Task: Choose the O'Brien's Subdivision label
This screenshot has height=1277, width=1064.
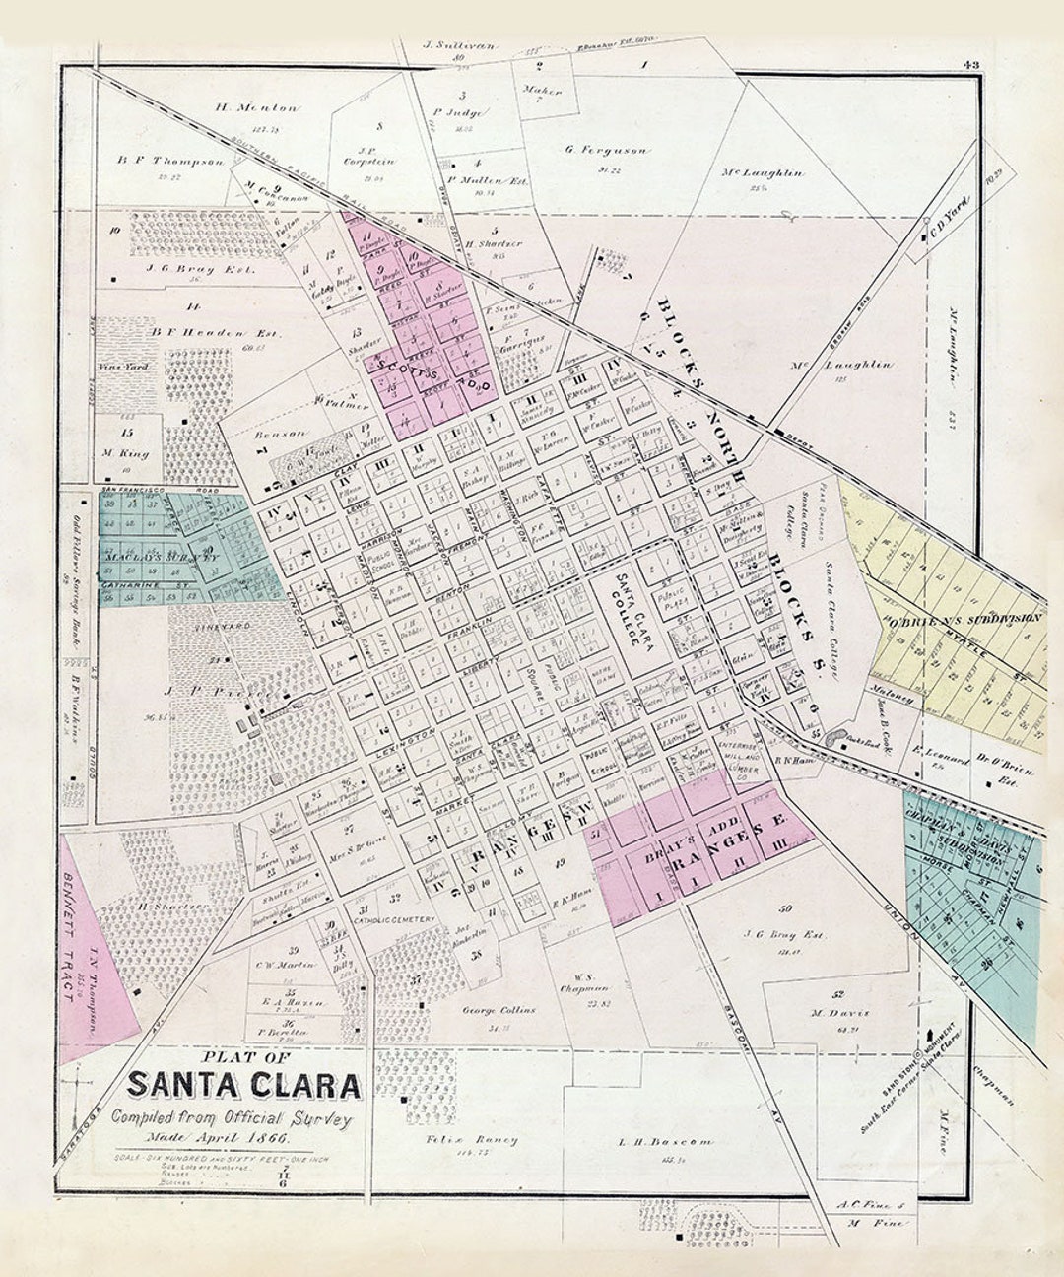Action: [964, 618]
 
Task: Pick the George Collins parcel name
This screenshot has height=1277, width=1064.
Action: [499, 1010]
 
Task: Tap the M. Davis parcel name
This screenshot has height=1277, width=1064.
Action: [831, 1012]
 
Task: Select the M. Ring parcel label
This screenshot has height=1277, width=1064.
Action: [125, 454]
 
